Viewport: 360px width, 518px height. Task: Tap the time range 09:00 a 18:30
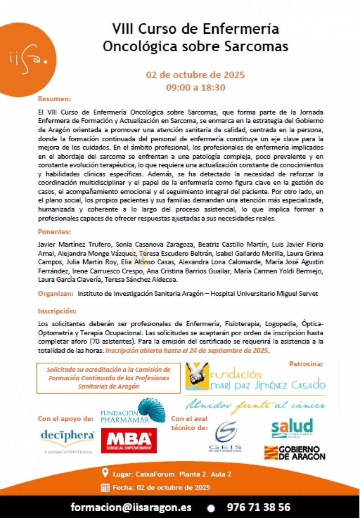pyautogui.click(x=195, y=87)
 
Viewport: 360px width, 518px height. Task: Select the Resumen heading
pyautogui.click(x=54, y=99)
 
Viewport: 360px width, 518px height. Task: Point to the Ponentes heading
pyautogui.click(x=54, y=232)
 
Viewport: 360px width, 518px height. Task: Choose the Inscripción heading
pyautogui.click(x=57, y=311)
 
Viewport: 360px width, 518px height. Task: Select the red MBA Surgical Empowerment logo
pyautogui.click(x=126, y=440)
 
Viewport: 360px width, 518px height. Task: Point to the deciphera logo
pyautogui.click(x=67, y=437)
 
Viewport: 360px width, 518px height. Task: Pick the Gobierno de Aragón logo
pyautogui.click(x=294, y=452)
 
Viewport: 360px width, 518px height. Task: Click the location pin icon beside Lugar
pyautogui.click(x=105, y=473)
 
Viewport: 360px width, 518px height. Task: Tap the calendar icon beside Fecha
pyautogui.click(x=105, y=487)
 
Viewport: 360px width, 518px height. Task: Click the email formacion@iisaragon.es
pyautogui.click(x=131, y=507)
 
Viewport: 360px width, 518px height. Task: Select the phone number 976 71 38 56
pyautogui.click(x=259, y=507)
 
